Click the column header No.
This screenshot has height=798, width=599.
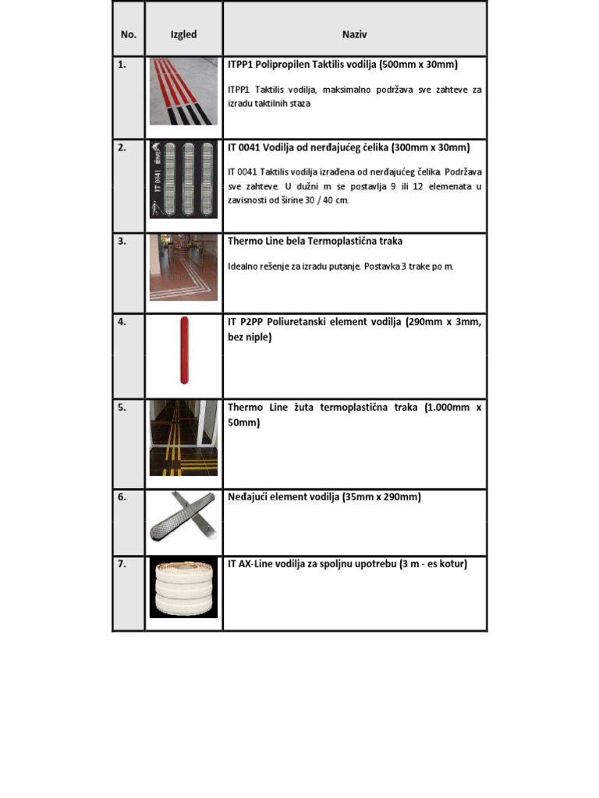point(129,34)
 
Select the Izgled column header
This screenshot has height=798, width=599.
point(184,34)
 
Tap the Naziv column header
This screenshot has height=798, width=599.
point(354,34)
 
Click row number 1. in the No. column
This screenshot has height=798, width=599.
point(122,65)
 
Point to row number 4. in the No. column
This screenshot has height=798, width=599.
point(122,321)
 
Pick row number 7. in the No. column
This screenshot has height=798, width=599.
point(122,564)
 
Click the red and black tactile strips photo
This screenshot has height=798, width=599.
point(184,92)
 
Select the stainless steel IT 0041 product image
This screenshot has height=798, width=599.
point(184,180)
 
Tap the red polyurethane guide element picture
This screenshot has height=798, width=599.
point(184,350)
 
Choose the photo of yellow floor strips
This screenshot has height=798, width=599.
point(184,438)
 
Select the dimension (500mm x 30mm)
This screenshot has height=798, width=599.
point(418,65)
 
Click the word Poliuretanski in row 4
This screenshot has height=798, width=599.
point(300,321)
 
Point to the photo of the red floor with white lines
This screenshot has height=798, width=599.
point(184,267)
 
